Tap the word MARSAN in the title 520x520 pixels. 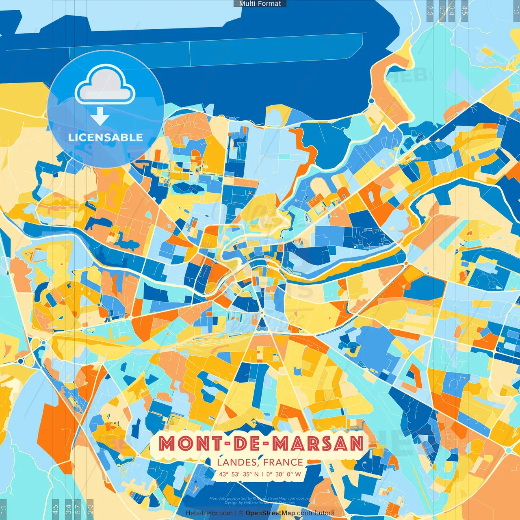coord(318,443)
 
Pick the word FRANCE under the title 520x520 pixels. coord(283,462)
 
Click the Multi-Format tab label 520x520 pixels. coord(260,4)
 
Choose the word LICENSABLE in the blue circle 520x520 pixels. coord(106,137)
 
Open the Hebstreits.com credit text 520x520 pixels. coord(209,513)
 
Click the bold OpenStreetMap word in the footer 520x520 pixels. coord(270,513)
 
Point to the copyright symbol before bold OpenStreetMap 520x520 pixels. coord(241,513)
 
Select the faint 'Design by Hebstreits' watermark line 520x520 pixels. coord(260,503)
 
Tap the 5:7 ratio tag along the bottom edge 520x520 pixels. coord(78,508)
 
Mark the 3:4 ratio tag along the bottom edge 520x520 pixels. coord(68,508)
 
